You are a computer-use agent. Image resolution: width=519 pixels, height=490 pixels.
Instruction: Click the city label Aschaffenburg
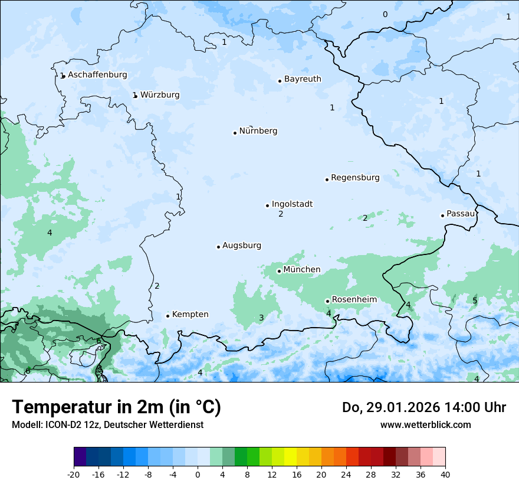(x=97, y=75)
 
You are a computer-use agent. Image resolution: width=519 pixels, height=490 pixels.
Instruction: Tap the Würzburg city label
(x=160, y=95)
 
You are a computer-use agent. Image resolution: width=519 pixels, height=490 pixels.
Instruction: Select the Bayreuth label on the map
(x=303, y=79)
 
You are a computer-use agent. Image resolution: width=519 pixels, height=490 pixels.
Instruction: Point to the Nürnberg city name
(x=258, y=131)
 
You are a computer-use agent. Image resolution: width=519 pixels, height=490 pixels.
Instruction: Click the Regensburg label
(x=355, y=178)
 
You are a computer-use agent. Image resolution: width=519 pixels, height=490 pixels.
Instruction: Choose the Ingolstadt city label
(x=292, y=204)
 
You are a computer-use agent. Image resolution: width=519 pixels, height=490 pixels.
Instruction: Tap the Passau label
(x=461, y=214)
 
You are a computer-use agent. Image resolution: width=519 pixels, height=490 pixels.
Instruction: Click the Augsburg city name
(x=242, y=246)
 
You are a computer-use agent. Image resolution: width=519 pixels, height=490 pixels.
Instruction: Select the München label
(x=302, y=270)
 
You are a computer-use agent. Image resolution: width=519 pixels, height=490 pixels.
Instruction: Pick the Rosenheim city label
(x=354, y=300)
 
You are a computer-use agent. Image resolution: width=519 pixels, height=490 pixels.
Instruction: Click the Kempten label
(x=190, y=315)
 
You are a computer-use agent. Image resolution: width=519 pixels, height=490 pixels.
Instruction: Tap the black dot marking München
(x=280, y=271)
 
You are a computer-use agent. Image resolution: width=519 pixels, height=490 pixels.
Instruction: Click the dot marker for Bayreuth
(x=280, y=81)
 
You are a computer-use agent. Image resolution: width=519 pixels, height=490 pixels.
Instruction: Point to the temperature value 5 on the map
(x=475, y=301)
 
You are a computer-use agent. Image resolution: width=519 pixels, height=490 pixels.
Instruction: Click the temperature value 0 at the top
(x=385, y=15)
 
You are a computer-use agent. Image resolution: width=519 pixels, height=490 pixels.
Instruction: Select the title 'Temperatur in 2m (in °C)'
(x=116, y=407)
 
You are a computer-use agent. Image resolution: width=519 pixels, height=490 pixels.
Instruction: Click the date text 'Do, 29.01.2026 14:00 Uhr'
(x=424, y=407)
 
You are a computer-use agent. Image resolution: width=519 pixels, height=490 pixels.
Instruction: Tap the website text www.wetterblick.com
(x=425, y=424)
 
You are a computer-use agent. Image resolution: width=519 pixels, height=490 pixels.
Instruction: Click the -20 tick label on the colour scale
(x=74, y=475)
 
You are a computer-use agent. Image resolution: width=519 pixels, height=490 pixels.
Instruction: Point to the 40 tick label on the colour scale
(x=445, y=475)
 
